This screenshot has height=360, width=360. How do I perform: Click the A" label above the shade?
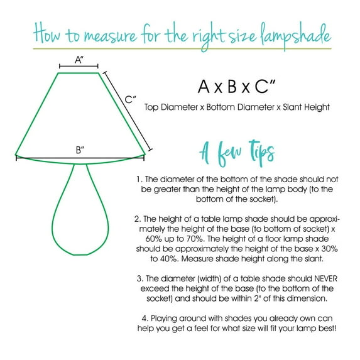point(79,60)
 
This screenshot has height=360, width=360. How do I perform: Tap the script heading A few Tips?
point(236,153)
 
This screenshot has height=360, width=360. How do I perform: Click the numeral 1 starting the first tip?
point(138,179)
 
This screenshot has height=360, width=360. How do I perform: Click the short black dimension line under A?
point(79,66)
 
